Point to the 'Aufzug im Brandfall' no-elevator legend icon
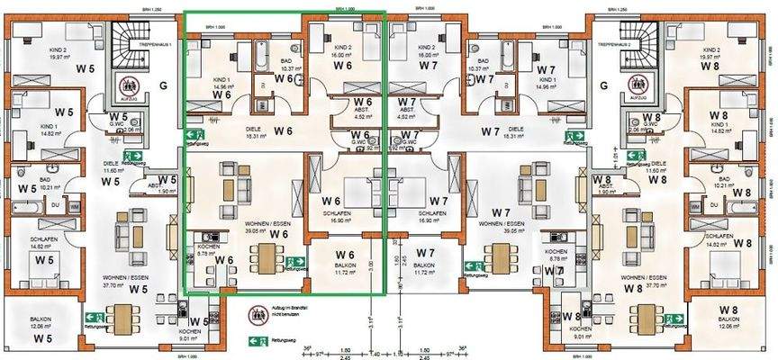258,315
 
